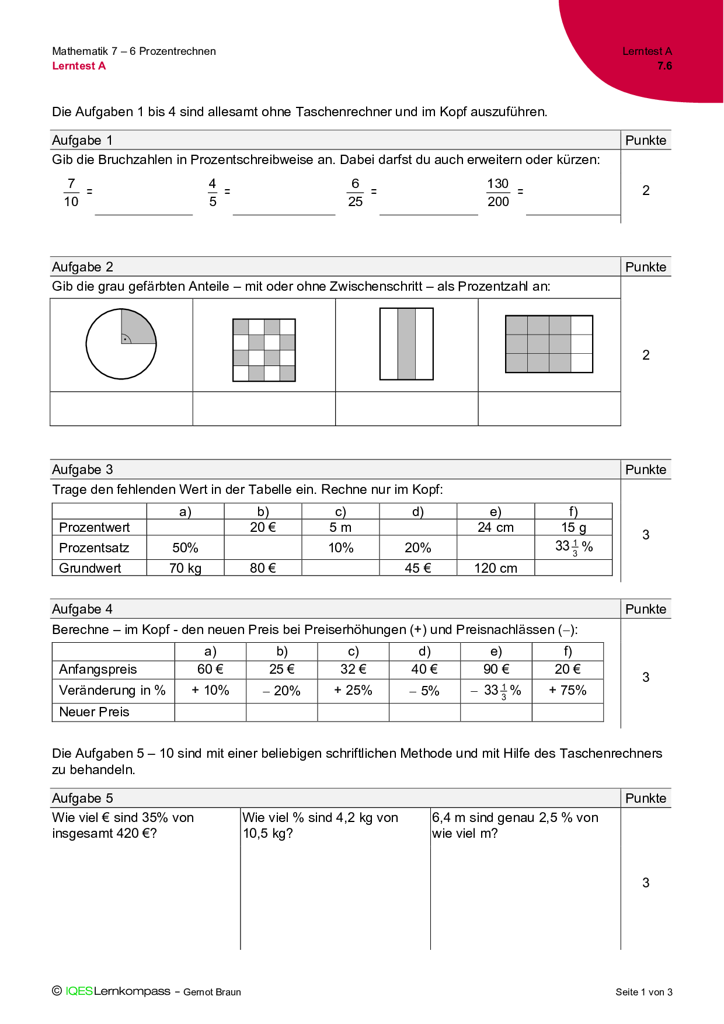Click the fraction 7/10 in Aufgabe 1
click(x=71, y=193)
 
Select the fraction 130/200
click(x=498, y=193)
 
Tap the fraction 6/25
click(x=355, y=193)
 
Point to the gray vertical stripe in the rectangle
click(x=406, y=344)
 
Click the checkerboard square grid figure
click(x=264, y=350)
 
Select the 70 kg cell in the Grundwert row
click(x=185, y=568)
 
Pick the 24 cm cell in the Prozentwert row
click(x=495, y=527)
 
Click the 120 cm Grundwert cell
click(x=495, y=568)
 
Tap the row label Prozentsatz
click(x=94, y=548)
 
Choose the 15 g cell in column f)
click(x=573, y=527)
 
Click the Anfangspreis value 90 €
click(x=496, y=669)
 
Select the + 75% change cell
click(x=568, y=690)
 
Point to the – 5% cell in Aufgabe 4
click(x=424, y=691)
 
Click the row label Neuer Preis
click(x=94, y=712)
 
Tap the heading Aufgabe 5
click(x=82, y=798)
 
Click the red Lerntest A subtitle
click(x=79, y=66)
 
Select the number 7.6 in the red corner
click(x=664, y=66)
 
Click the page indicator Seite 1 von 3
click(x=643, y=992)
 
